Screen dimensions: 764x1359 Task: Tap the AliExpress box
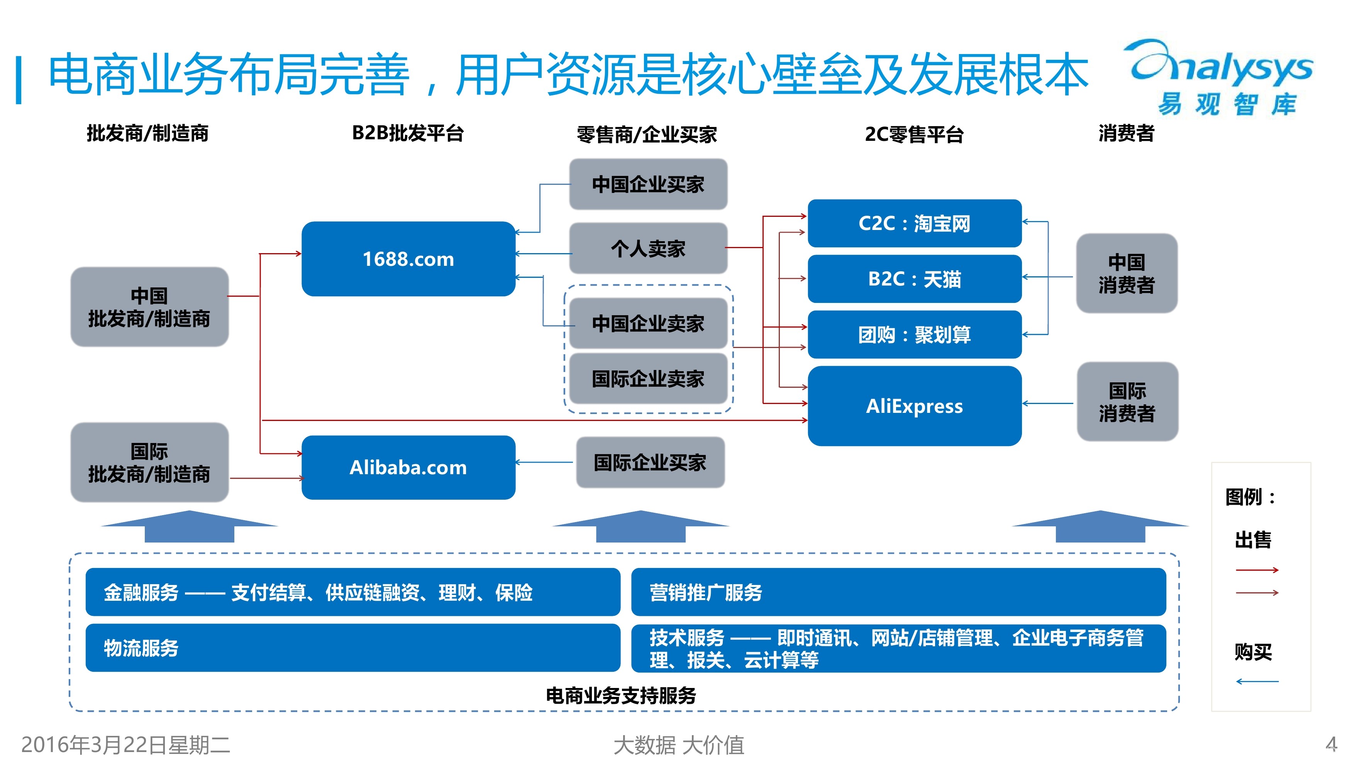pos(914,406)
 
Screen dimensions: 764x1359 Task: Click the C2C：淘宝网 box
pos(914,223)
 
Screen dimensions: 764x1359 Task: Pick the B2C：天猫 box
pos(914,279)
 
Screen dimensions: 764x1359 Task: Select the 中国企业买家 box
pos(648,184)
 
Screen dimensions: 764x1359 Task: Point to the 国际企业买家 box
pos(650,462)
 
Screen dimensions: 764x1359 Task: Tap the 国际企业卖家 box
pos(648,379)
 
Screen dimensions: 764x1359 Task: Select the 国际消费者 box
pos(1127,402)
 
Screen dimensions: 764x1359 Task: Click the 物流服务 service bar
pos(352,648)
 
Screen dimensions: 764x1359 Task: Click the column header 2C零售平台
pos(914,134)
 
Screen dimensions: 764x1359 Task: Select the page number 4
pos(1331,744)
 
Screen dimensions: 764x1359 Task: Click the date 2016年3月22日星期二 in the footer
pos(125,744)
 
